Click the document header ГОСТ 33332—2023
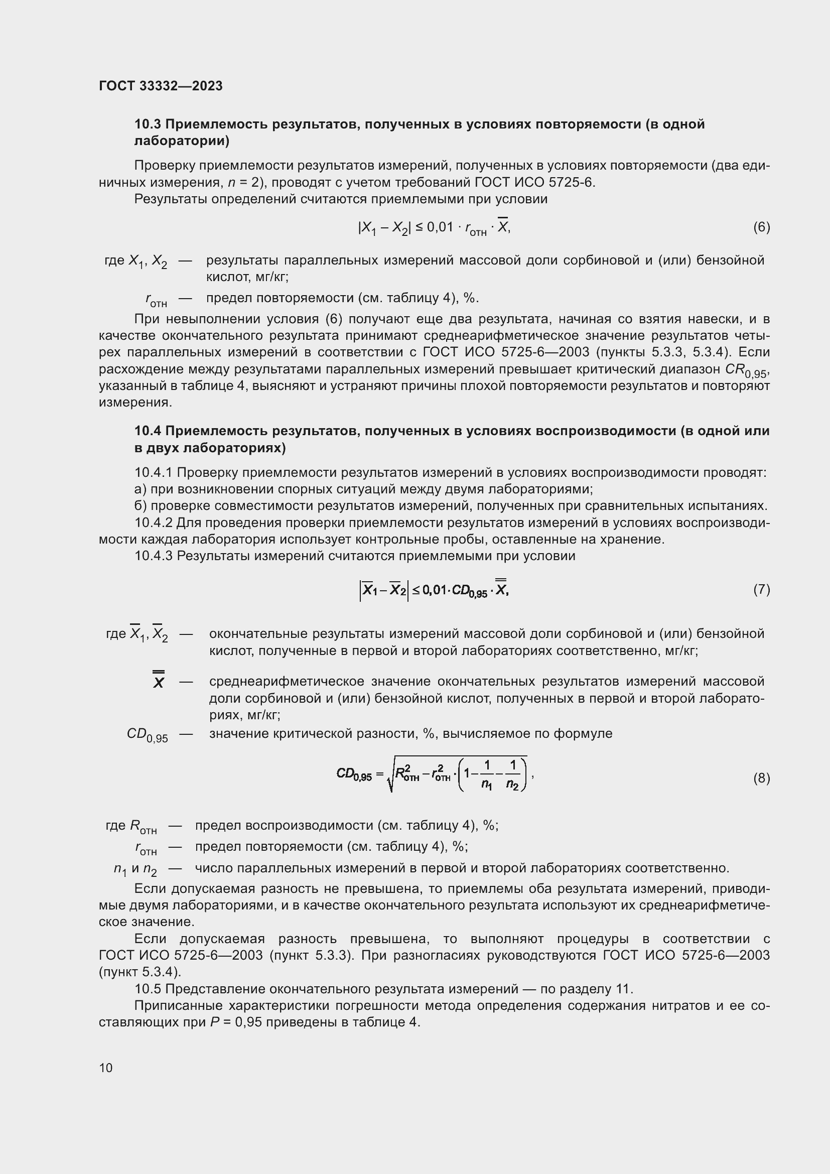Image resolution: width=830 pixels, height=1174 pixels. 161,86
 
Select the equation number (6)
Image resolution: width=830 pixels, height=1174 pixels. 761,227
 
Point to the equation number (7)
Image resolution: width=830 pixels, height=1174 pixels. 761,590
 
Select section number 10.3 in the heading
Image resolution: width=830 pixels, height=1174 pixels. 147,124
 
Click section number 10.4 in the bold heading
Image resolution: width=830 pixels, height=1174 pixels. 147,431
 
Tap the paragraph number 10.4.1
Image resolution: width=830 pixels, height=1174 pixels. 154,473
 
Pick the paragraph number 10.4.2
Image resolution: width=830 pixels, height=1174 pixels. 154,523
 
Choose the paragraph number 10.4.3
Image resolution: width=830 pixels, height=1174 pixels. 154,556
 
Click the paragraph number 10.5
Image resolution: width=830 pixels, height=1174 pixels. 148,989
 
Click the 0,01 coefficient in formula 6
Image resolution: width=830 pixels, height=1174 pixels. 440,227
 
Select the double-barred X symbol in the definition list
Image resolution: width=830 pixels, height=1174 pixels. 159,682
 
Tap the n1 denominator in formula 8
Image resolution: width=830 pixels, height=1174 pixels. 486,785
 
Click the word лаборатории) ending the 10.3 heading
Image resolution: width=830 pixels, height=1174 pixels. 182,141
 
